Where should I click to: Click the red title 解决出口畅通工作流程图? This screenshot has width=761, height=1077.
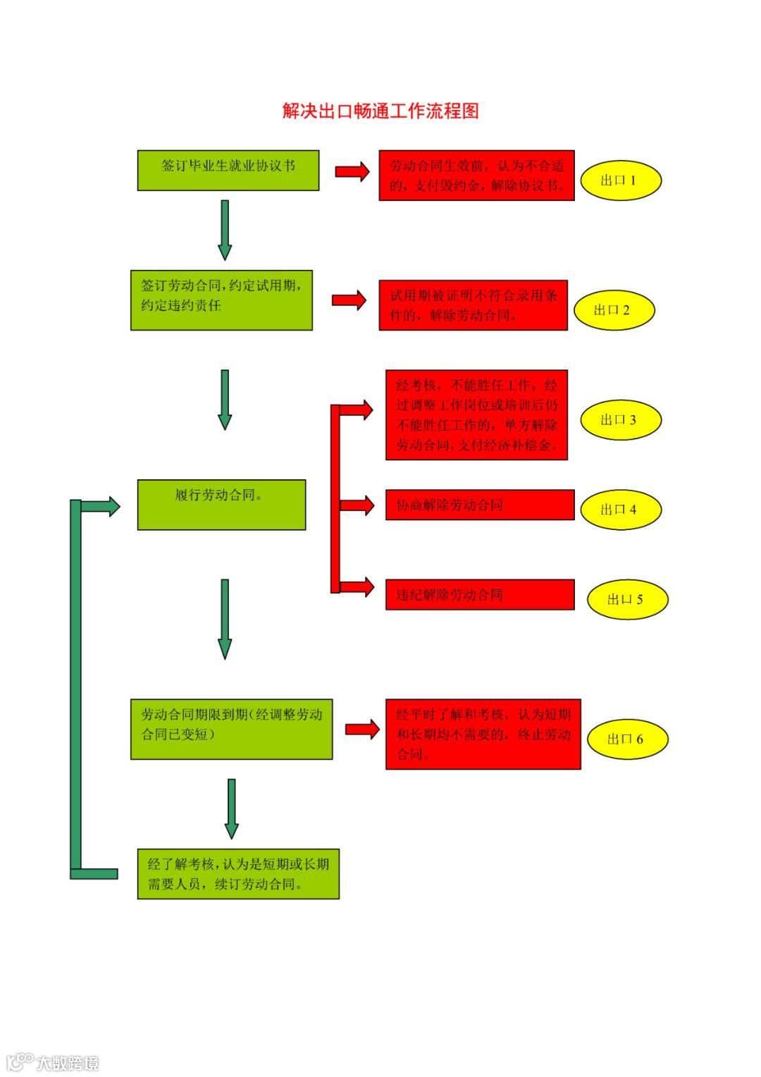pos(380,111)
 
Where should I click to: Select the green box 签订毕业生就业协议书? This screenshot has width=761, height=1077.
pos(228,170)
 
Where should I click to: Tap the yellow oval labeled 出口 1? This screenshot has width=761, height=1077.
pos(620,180)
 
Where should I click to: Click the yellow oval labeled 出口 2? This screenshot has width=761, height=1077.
pos(614,310)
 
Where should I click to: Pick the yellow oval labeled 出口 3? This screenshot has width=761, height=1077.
pos(620,420)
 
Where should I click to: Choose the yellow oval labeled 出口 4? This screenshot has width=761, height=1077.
pos(620,510)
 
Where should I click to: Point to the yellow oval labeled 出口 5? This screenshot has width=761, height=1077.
pos(626,600)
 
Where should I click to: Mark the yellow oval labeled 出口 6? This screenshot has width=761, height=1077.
pos(626,739)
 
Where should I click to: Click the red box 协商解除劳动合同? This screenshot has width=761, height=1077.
pos(479,505)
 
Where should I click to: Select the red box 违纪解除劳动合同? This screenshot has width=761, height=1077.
pos(479,594)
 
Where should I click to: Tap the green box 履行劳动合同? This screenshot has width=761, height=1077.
pos(221,505)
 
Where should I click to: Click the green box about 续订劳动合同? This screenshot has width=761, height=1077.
pos(238,873)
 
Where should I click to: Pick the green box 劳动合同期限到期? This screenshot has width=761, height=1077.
pos(231,729)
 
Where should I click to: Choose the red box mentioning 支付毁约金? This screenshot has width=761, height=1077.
pos(476,176)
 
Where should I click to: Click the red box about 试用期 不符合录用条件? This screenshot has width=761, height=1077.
pos(473,305)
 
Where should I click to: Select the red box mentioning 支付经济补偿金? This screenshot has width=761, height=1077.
pos(476,415)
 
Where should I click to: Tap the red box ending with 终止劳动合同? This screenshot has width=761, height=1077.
pos(483,734)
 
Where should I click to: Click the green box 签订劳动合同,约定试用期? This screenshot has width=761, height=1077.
pos(221,300)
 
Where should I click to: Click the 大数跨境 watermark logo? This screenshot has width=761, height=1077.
pos(53,1062)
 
